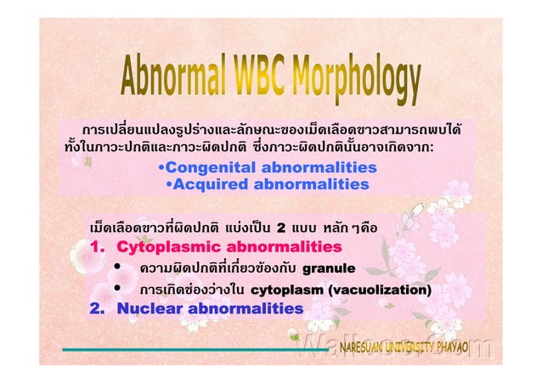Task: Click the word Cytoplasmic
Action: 163,247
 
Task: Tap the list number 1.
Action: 97,247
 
